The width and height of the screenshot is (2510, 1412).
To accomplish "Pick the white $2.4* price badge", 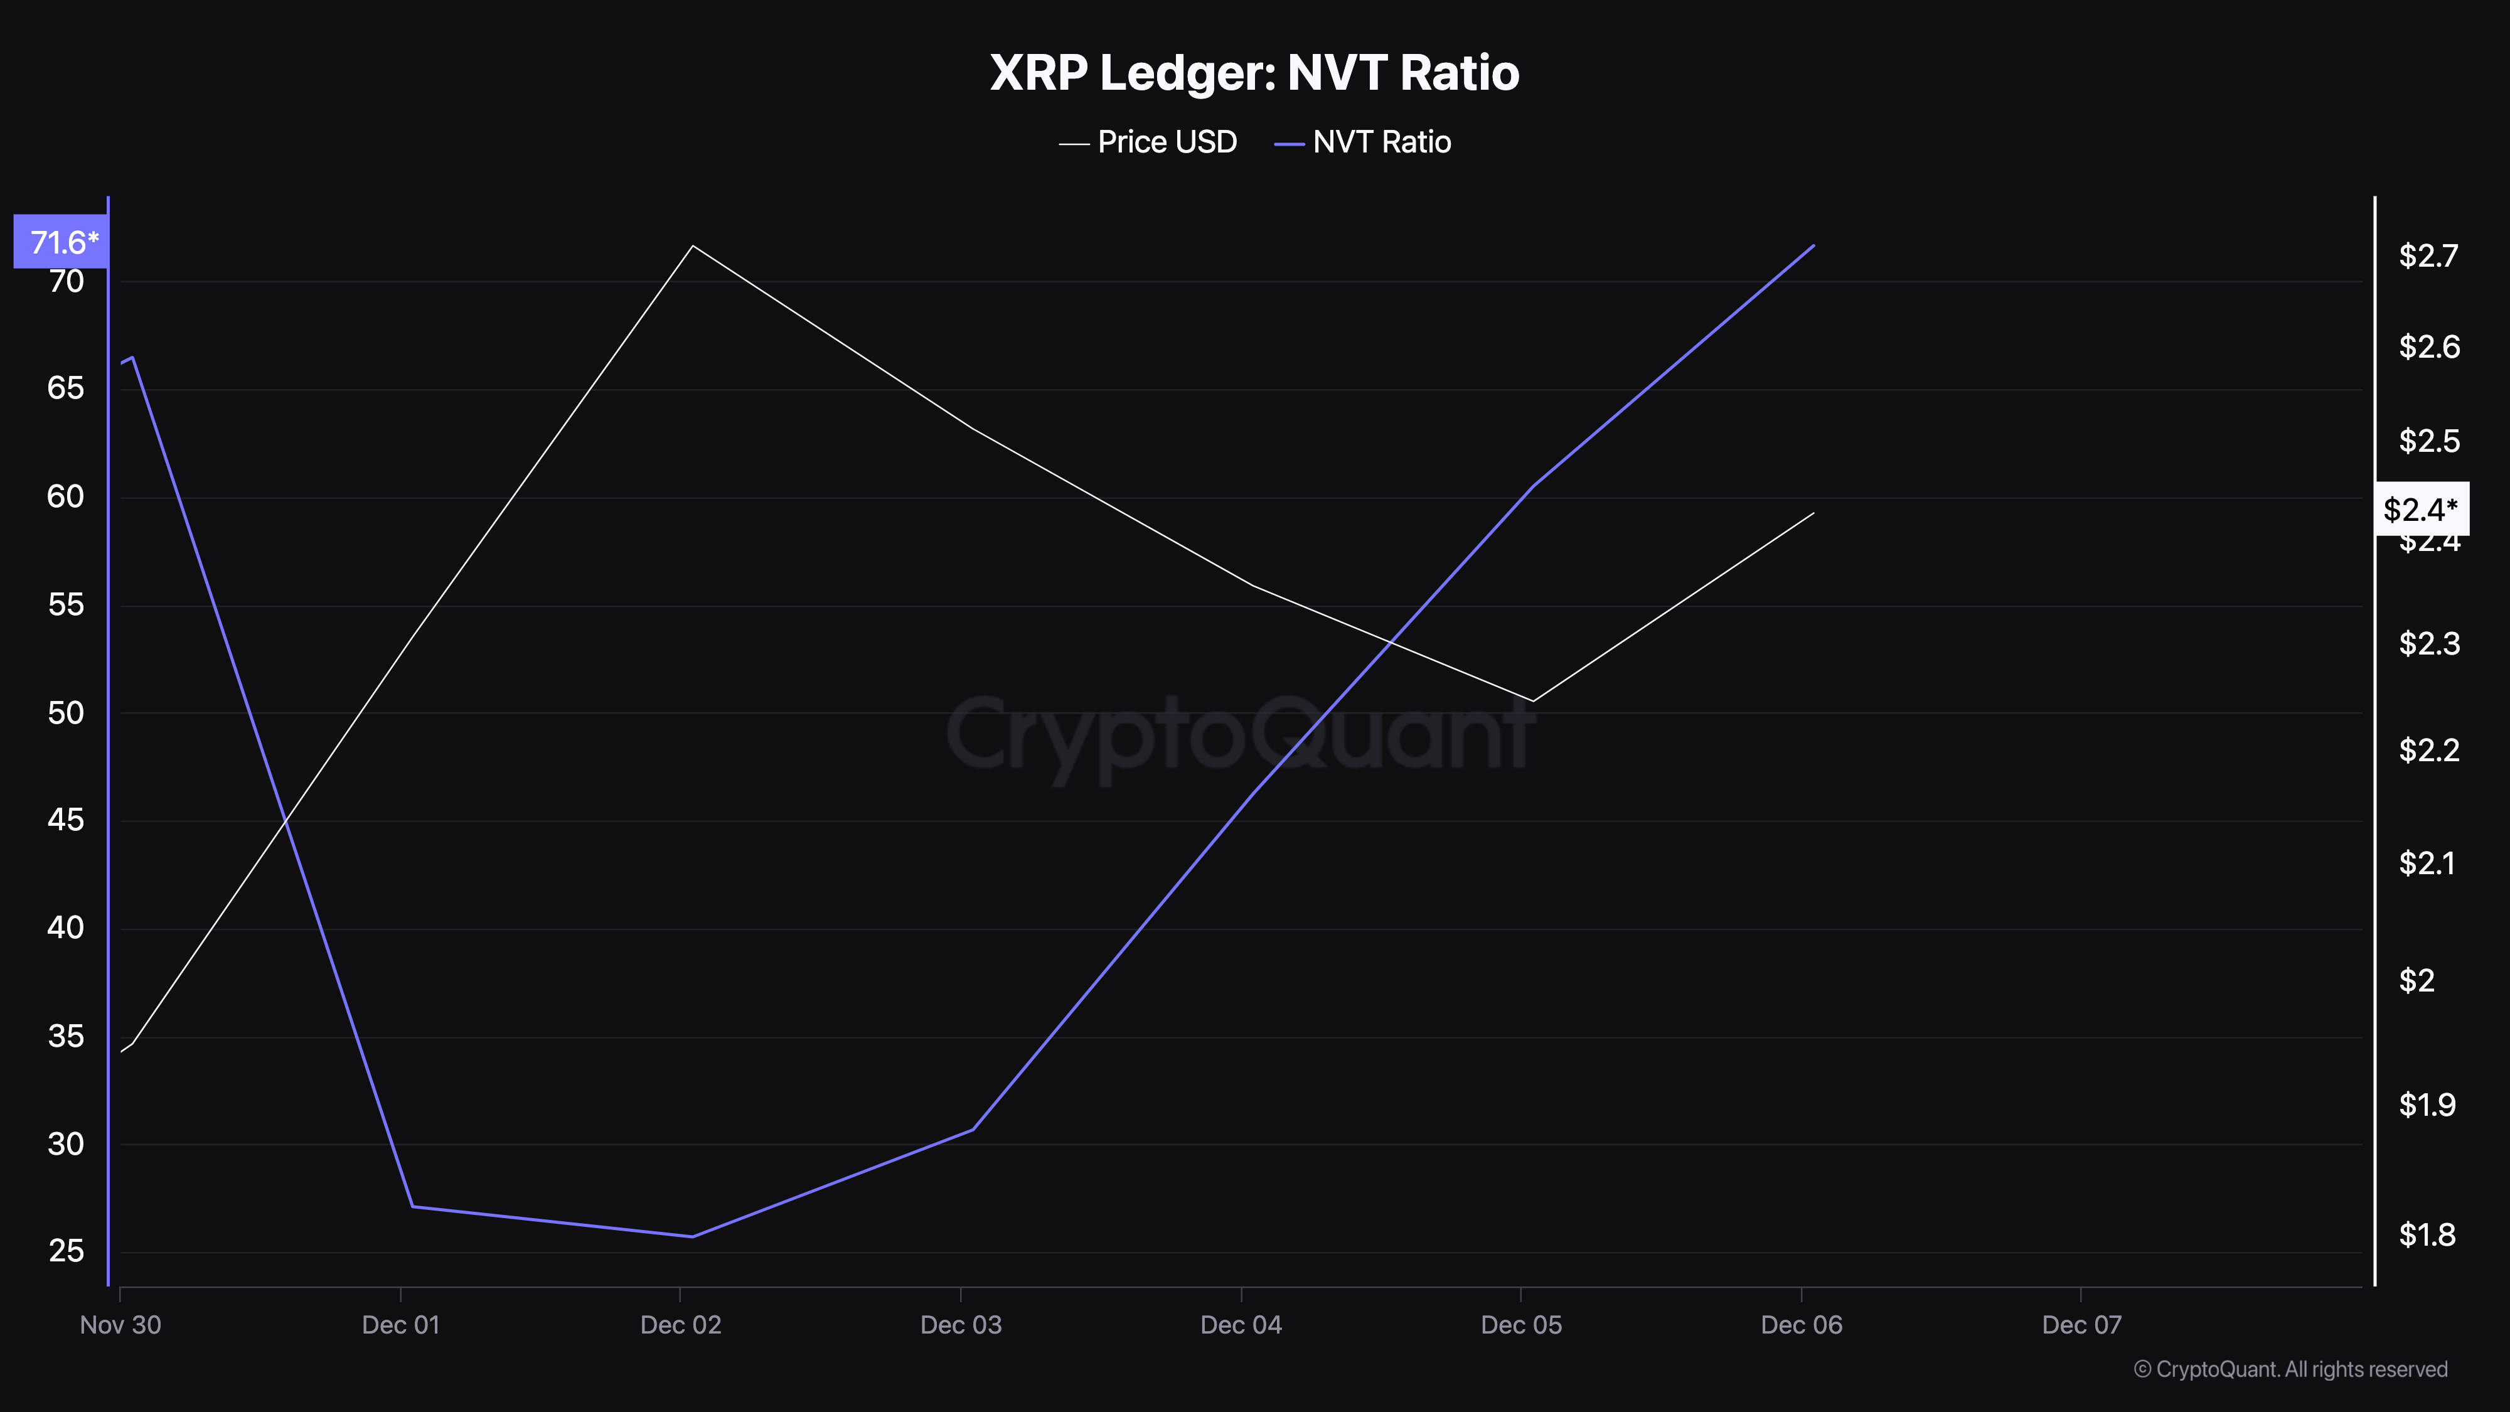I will [x=2420, y=509].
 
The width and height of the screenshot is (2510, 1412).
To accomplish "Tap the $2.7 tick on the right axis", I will [x=2428, y=255].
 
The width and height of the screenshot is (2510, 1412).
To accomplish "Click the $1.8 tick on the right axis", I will [x=2426, y=1234].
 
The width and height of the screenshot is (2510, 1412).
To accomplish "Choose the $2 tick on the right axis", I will [x=2417, y=980].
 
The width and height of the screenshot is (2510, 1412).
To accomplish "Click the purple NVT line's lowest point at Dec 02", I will [x=692, y=1236].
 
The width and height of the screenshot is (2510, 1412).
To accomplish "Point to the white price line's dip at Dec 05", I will [x=1533, y=700].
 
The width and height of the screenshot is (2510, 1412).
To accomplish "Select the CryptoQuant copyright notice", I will [x=2290, y=1369].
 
